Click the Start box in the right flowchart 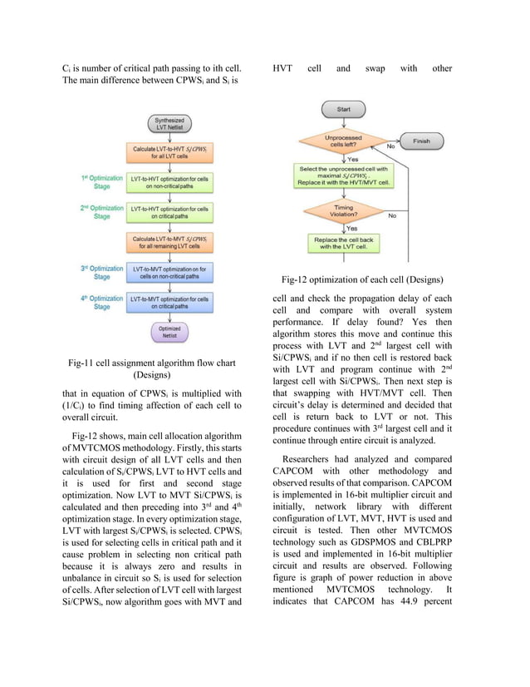[x=342, y=110]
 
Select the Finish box [x=421, y=141]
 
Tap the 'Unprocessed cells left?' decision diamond [x=342, y=141]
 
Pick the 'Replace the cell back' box [x=342, y=243]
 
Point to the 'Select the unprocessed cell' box [x=342, y=175]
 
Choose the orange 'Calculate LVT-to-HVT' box [x=169, y=152]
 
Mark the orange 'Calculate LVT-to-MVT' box [x=169, y=242]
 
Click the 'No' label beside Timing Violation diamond [x=392, y=215]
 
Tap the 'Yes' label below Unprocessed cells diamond [x=352, y=158]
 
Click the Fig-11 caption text [x=152, y=368]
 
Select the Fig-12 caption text [x=361, y=279]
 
